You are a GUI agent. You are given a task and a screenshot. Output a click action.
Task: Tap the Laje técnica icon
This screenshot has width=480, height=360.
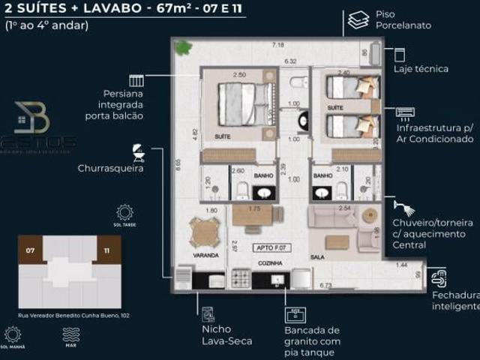[x=399, y=54]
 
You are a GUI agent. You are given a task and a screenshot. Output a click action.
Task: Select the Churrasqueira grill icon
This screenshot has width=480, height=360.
[x=138, y=154]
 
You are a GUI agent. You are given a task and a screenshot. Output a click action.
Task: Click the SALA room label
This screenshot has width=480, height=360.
[x=317, y=256]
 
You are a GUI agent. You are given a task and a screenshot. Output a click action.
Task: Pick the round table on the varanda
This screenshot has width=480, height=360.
[x=205, y=232]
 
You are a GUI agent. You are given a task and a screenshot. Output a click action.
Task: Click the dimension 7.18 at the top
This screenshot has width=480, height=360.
[x=277, y=45]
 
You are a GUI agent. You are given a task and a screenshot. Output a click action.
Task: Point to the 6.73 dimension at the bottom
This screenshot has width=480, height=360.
[x=325, y=285]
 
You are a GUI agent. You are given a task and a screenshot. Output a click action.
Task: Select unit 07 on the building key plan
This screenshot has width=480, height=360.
[x=30, y=249]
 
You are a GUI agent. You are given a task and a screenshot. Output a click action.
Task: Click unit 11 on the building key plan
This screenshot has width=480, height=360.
[x=106, y=249]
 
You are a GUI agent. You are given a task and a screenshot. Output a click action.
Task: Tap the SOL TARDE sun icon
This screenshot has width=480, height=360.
[x=124, y=212]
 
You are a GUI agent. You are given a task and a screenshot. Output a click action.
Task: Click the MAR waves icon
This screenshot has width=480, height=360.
[x=70, y=334]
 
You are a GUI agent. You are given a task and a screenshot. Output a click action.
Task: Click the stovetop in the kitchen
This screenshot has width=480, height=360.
[x=241, y=279]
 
